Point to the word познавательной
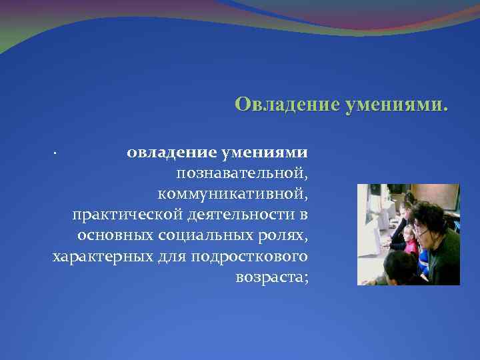242,173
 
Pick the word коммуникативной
233,194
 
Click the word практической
119,215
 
